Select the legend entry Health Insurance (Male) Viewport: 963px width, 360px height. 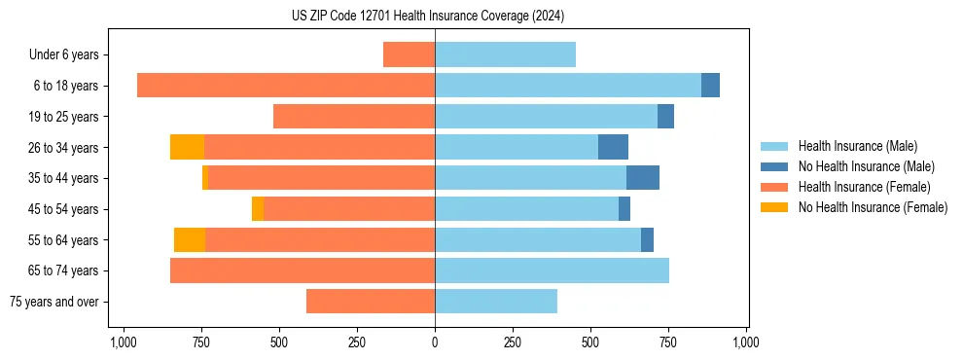857,146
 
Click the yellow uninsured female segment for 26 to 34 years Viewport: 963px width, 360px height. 187,147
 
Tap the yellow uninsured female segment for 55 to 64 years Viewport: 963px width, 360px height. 190,239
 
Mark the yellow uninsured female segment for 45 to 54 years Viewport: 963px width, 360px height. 258,209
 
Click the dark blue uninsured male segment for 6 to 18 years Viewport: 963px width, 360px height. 710,86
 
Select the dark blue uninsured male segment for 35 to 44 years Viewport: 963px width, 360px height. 643,178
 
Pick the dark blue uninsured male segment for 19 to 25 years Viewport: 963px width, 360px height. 665,117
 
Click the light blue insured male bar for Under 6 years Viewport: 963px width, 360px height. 505,54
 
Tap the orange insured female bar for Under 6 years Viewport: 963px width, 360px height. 409,54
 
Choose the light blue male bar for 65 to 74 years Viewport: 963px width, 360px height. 552,270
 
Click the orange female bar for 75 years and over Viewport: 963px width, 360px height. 371,302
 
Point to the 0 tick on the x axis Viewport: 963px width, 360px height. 435,342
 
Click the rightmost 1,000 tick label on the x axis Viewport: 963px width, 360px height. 746,342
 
